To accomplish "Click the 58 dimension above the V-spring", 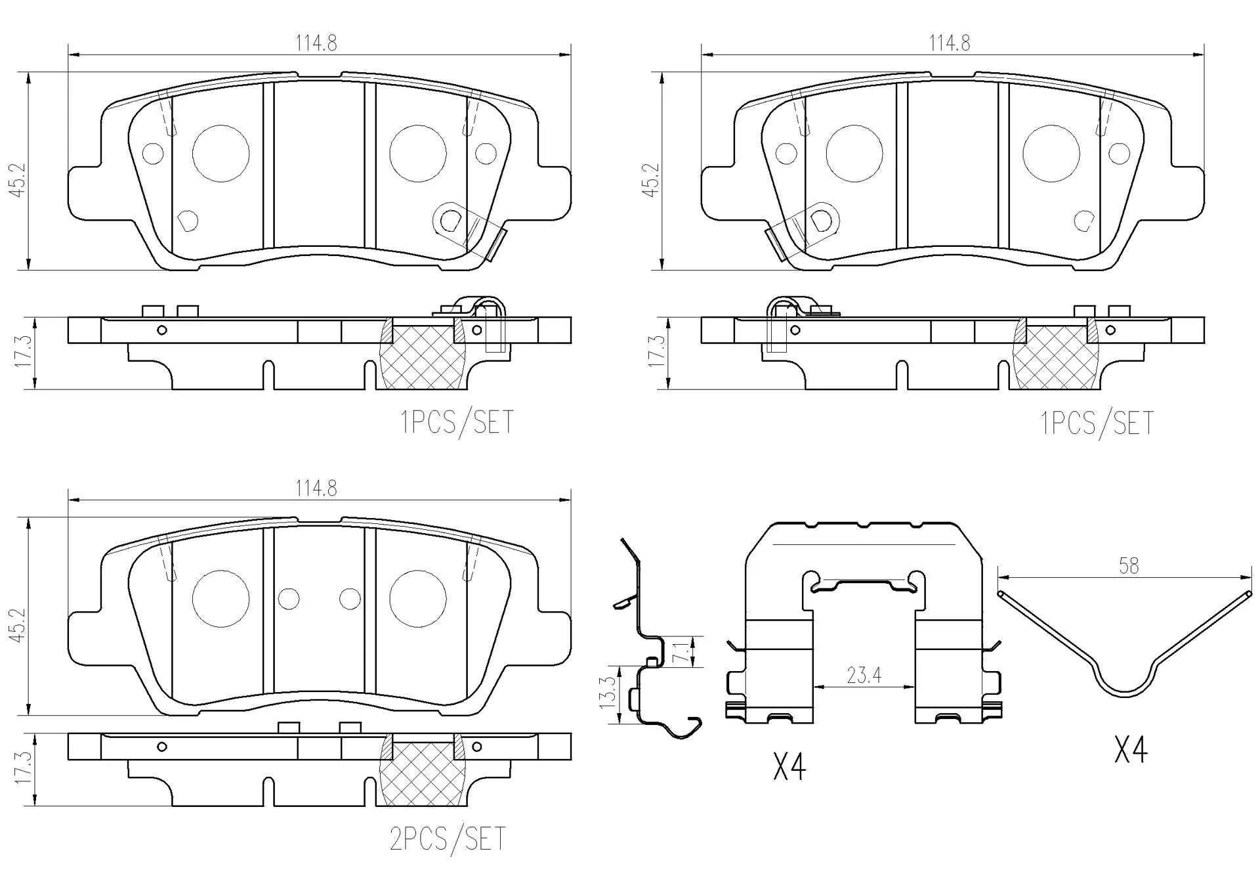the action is pyautogui.click(x=1129, y=565).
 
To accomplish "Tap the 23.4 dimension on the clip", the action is pyautogui.click(x=864, y=675).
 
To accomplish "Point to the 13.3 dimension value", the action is pyautogui.click(x=608, y=692).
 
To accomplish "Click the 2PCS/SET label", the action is pyautogui.click(x=448, y=838).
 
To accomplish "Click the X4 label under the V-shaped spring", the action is pyautogui.click(x=1131, y=750).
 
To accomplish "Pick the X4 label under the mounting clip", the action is pyautogui.click(x=789, y=766).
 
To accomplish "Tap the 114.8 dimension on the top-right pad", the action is pyautogui.click(x=949, y=43).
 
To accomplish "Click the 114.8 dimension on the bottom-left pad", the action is pyautogui.click(x=316, y=489).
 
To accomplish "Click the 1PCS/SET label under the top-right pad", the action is pyautogui.click(x=1097, y=424).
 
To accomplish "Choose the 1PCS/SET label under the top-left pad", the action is pyautogui.click(x=457, y=422).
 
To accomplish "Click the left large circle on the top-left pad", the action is pyautogui.click(x=221, y=153).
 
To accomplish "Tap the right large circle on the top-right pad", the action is pyautogui.click(x=1051, y=153).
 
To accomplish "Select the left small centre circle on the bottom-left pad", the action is pyautogui.click(x=289, y=599).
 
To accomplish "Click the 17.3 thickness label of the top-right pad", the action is pyautogui.click(x=656, y=351).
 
